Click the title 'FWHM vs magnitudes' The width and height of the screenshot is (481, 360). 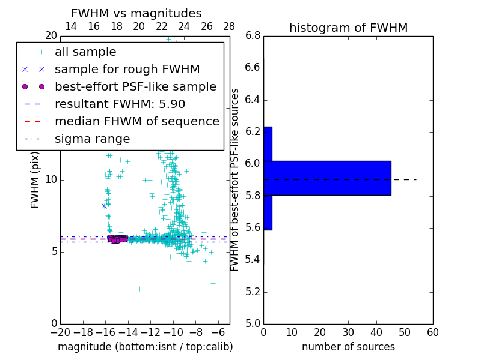point(136,13)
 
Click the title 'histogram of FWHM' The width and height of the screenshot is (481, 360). point(348,28)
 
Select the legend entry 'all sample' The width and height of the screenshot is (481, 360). point(85,52)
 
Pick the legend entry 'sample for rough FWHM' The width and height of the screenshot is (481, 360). point(127,69)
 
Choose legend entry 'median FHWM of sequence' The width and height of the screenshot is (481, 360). point(136,121)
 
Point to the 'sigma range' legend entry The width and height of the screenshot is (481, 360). point(92,139)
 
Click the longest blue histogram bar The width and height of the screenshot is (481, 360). point(327,178)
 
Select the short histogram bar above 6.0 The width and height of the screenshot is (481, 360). point(268,144)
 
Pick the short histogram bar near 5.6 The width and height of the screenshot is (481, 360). point(268,212)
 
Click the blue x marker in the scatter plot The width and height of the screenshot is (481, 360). point(104,206)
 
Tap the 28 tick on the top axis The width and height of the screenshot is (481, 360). point(229,26)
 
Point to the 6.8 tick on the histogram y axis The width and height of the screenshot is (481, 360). point(253,36)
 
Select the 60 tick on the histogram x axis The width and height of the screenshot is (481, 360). point(432,332)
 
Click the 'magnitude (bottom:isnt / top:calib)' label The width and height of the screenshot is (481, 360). point(145,347)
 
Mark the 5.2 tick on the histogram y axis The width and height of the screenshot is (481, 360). point(253,292)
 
